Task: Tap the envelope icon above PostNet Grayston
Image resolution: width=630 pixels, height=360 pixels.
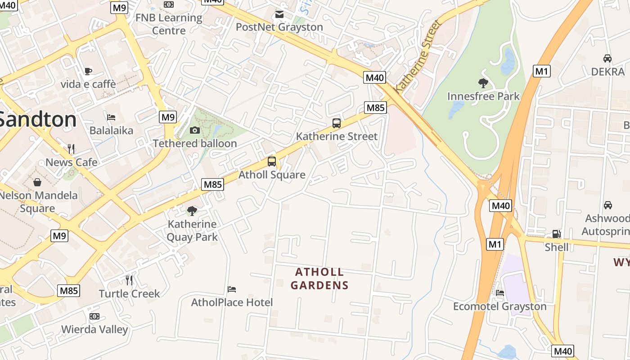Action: (279, 14)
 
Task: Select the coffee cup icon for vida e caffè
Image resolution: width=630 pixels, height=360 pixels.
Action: (88, 71)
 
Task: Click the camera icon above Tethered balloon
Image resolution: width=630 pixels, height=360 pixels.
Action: (194, 130)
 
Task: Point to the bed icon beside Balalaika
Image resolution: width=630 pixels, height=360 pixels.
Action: (111, 117)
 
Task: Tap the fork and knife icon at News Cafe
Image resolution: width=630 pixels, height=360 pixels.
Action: (71, 148)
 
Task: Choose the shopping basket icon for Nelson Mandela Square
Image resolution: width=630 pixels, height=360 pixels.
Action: (37, 182)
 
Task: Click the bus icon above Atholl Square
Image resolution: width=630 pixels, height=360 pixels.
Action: (271, 162)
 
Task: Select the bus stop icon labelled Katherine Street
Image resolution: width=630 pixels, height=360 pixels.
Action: (336, 123)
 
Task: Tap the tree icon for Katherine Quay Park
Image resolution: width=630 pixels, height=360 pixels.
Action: (192, 211)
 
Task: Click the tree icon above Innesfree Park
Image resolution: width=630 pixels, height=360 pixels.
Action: (483, 83)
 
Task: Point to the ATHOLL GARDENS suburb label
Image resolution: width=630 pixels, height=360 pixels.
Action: (319, 279)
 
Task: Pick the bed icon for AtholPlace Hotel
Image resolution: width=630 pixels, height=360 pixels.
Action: (232, 289)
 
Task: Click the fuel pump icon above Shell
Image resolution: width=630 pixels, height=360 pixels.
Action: (557, 234)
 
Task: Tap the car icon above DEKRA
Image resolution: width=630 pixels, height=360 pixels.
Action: (607, 58)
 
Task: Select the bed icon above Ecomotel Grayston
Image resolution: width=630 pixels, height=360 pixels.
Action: (499, 293)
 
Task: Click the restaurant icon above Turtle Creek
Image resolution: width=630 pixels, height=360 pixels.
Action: (129, 280)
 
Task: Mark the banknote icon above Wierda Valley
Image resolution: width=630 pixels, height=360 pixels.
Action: (94, 316)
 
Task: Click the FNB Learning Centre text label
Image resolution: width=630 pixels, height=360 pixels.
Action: (169, 24)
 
